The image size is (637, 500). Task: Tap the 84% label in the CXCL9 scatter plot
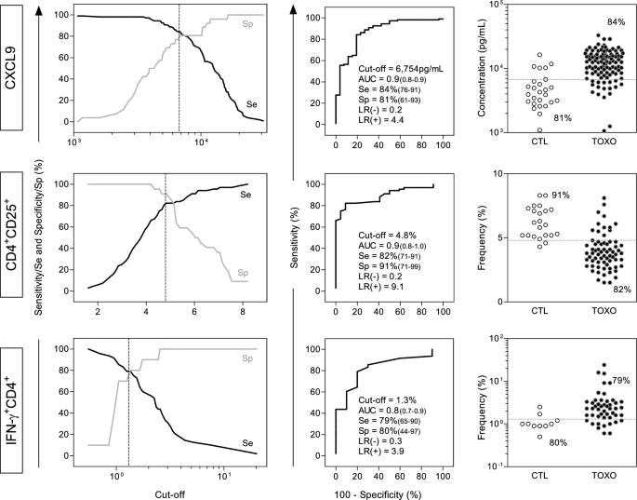coord(590,21)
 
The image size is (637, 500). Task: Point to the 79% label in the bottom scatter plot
coord(619,381)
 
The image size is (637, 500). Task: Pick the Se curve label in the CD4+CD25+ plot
coord(246,195)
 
